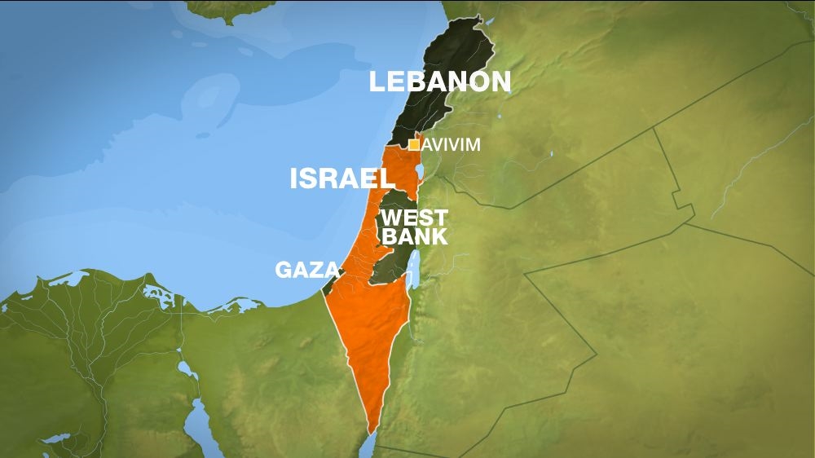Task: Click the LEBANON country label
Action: click(x=440, y=81)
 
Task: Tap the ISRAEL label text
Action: click(x=337, y=178)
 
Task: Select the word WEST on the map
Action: click(x=414, y=218)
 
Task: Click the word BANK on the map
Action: click(x=415, y=237)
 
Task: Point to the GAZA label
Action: click(x=306, y=271)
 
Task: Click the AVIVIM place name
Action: click(x=451, y=145)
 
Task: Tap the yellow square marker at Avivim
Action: click(x=414, y=145)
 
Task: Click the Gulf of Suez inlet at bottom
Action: click(x=199, y=432)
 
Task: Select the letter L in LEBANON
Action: click(x=377, y=81)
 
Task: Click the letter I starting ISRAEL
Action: click(x=295, y=178)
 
